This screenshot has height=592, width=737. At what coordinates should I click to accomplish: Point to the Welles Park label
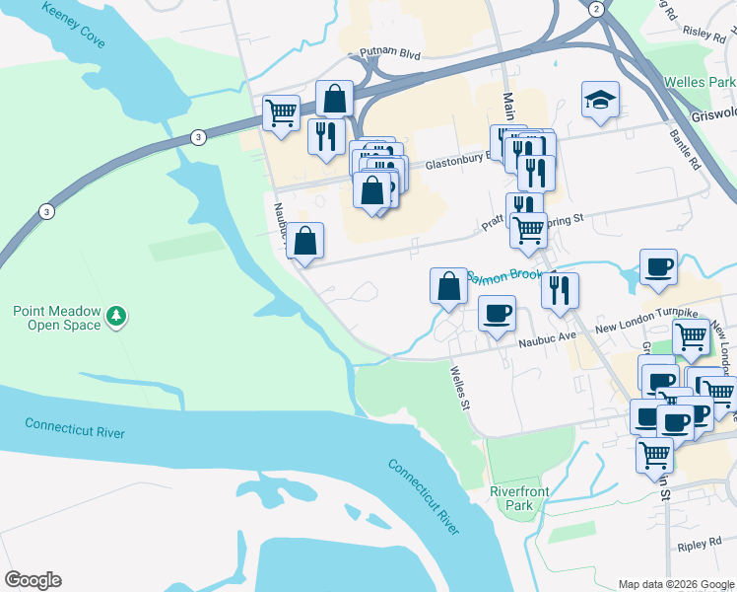[x=699, y=83]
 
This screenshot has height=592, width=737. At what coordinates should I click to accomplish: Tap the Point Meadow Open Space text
[x=57, y=318]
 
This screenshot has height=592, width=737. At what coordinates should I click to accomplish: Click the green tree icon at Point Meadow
[x=117, y=316]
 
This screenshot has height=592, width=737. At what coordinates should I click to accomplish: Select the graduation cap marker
[x=600, y=100]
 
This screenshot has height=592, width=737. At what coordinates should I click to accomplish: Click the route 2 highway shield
[x=595, y=9]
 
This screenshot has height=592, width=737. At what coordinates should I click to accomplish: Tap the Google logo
[x=33, y=580]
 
